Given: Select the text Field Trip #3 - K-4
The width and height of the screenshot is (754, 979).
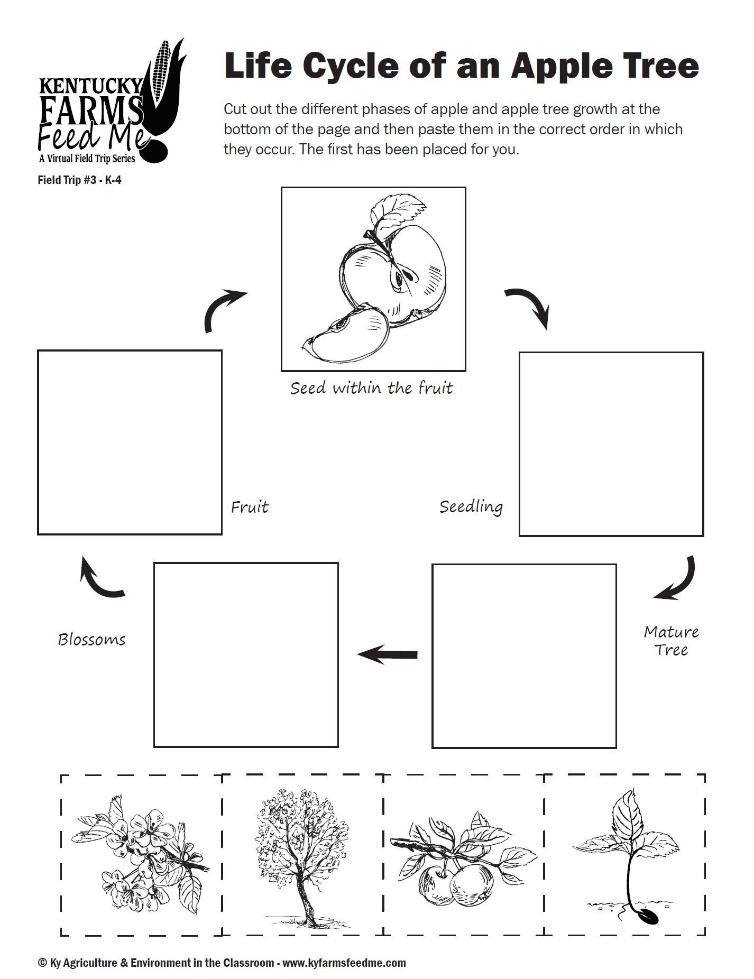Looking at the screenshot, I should (79, 180).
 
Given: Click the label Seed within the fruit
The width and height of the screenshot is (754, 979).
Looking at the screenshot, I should (372, 389).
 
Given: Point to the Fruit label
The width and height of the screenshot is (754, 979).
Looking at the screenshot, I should (250, 507).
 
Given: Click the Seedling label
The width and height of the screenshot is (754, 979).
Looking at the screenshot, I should (471, 507).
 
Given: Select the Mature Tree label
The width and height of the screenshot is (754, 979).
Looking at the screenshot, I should (671, 641).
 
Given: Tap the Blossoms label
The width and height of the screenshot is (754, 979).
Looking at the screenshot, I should (91, 640).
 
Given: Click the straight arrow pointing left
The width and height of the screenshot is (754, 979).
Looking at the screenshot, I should (387, 655).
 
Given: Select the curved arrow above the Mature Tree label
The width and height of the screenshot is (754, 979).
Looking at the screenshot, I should (677, 579).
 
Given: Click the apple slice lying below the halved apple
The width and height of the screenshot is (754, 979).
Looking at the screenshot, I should (346, 336).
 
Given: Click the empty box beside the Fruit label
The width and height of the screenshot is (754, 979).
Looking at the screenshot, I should (130, 442).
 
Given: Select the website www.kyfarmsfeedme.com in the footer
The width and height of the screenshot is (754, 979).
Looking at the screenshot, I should (344, 963).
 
